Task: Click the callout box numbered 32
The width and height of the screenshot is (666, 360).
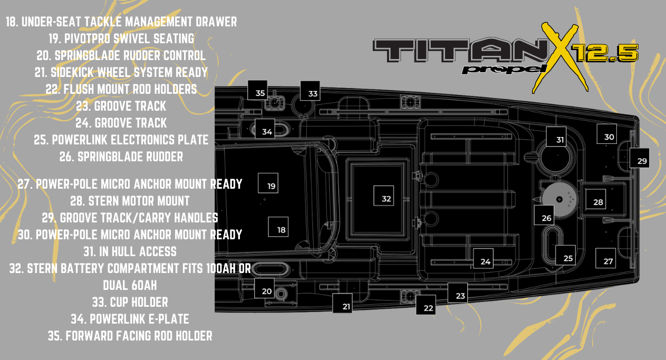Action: [383, 196]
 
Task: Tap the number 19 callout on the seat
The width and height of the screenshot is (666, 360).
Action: [268, 183]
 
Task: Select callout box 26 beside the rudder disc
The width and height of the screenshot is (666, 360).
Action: [544, 215]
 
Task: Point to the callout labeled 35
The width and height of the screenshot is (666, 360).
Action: [257, 90]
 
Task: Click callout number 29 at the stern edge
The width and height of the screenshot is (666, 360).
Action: [639, 158]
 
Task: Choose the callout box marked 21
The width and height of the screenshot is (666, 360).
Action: [343, 303]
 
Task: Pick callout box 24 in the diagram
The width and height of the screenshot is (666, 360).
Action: [483, 258]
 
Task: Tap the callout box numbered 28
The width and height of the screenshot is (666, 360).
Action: [595, 199]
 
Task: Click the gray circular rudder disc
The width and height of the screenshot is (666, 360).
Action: [559, 199]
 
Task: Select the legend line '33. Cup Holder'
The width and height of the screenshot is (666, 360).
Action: [130, 302]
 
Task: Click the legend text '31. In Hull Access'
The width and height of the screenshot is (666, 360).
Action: [130, 251]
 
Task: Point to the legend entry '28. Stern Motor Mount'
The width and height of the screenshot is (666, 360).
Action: [130, 201]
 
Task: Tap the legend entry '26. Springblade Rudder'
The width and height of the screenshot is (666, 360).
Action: [121, 157]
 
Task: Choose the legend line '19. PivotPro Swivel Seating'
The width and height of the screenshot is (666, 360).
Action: [121, 38]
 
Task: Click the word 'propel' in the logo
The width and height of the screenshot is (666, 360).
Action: [505, 69]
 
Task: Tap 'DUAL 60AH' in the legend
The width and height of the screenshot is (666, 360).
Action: [130, 285]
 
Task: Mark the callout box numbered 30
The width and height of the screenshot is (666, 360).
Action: [606, 134]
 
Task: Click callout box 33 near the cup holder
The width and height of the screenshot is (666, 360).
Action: [310, 91]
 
